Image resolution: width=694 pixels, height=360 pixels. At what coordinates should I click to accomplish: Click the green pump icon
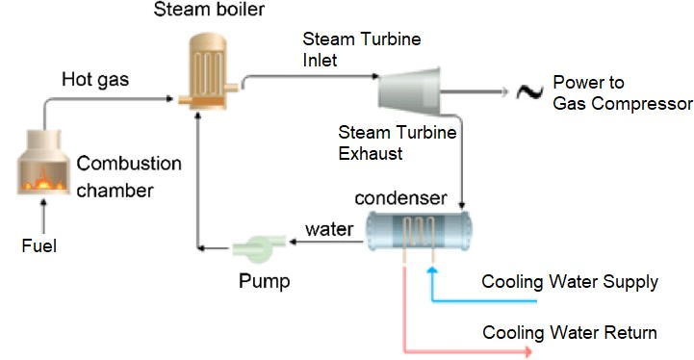[257, 245]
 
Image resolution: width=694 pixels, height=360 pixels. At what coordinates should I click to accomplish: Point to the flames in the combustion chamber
[41, 178]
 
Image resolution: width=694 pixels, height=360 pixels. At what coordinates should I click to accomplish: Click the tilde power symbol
[527, 92]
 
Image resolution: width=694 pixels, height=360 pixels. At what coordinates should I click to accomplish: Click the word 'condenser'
[400, 199]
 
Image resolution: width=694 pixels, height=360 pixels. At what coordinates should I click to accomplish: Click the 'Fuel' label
[39, 246]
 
